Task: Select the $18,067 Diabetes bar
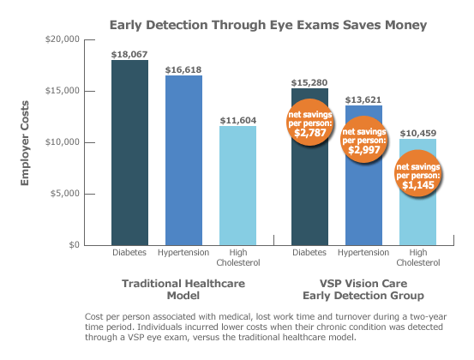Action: tap(129, 154)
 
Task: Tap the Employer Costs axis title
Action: tap(26, 142)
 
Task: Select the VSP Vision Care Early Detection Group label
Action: tap(363, 289)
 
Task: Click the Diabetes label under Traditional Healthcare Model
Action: tap(130, 254)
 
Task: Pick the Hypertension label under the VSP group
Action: tap(363, 254)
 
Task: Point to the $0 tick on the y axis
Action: tap(74, 245)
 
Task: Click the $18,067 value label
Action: tap(129, 53)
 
